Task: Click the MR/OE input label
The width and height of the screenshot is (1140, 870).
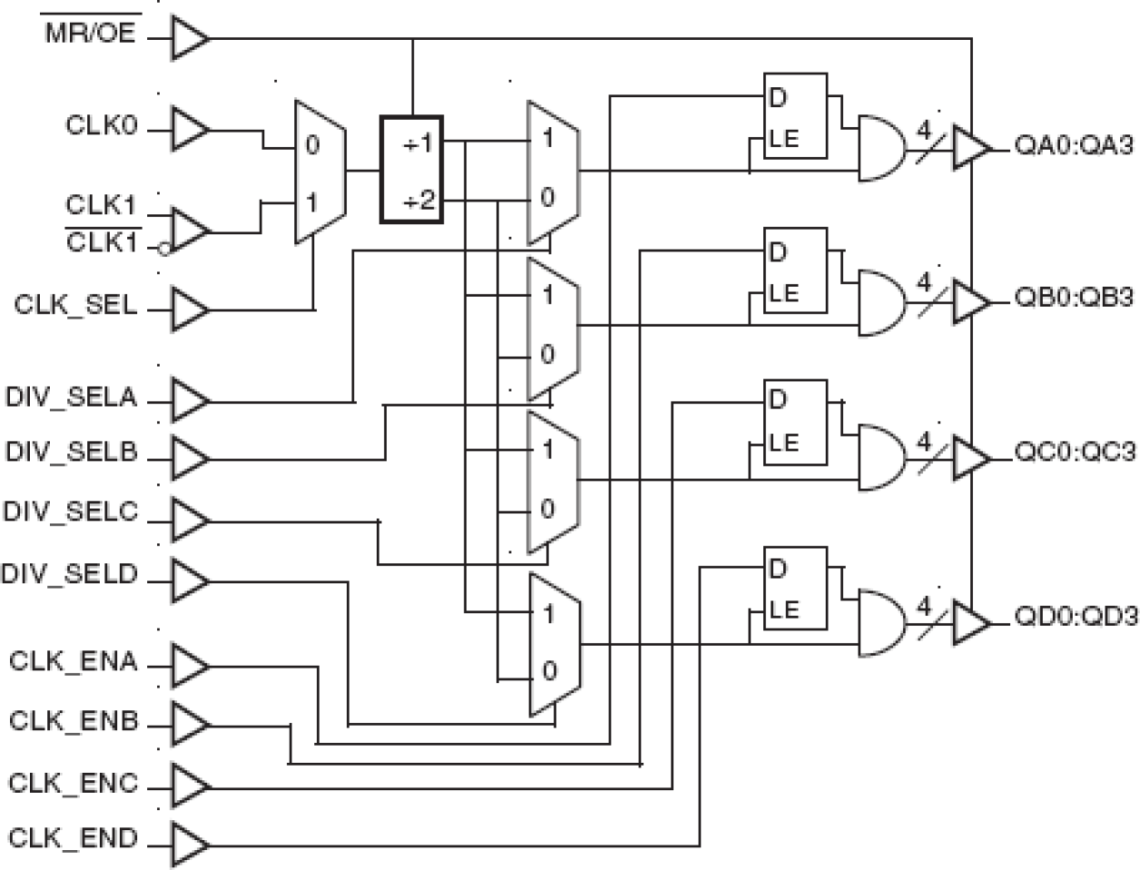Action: point(91,34)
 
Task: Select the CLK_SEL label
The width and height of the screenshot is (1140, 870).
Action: point(75,306)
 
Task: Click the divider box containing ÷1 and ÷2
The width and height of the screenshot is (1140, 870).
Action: point(411,169)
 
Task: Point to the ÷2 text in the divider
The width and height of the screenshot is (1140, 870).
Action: point(418,200)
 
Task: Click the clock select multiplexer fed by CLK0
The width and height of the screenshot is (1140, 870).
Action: point(319,172)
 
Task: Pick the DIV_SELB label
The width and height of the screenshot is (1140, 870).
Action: point(71,452)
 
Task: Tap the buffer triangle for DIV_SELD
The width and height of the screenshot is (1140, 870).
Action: point(189,582)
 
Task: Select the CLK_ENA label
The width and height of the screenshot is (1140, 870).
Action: point(74,661)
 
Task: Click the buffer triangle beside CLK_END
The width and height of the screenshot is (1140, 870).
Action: point(189,843)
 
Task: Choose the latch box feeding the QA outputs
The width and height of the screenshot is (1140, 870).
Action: point(794,116)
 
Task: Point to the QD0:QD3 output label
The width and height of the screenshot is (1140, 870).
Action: point(1076,617)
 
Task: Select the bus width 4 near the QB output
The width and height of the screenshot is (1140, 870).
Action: point(924,284)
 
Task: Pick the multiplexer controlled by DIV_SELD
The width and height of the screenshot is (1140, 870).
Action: point(554,644)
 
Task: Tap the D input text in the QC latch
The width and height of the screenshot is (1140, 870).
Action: point(778,399)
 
